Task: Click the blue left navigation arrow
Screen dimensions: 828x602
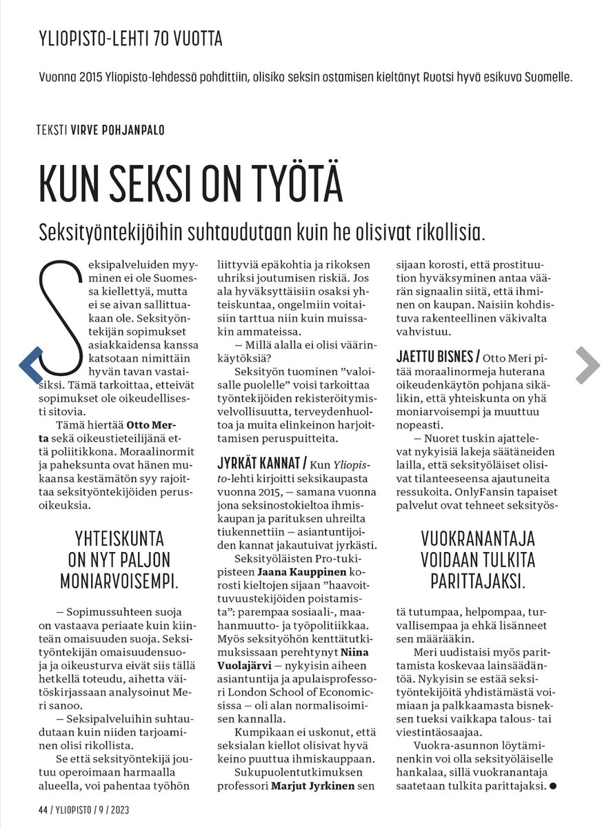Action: tap(32, 365)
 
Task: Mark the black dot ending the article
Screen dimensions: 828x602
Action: tap(552, 786)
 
